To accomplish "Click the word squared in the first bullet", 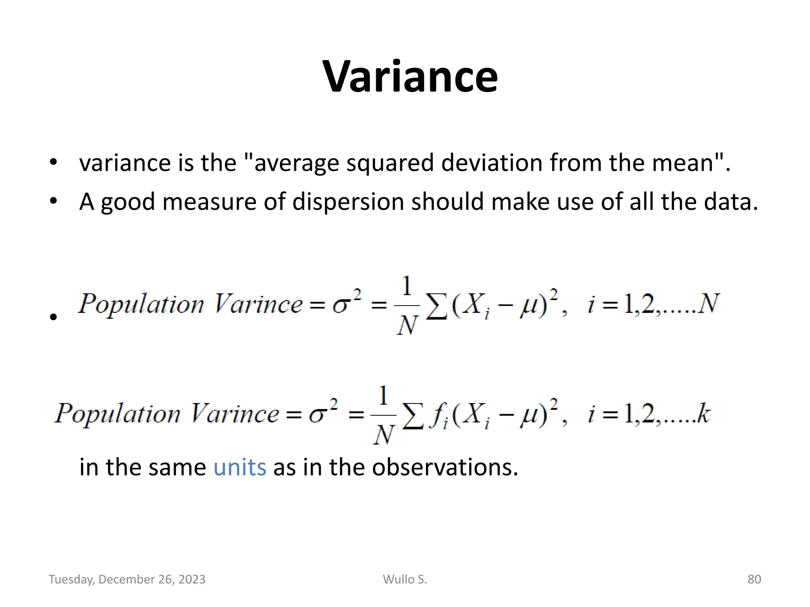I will tap(390, 163).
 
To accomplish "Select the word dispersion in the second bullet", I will tap(348, 202).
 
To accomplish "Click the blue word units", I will tap(240, 467).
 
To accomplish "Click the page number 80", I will tap(754, 579).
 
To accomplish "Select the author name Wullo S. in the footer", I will tap(405, 579).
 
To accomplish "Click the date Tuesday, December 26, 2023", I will tap(127, 579).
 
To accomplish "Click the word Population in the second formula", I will tap(117, 414).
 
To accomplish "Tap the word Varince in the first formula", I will tap(258, 304).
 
